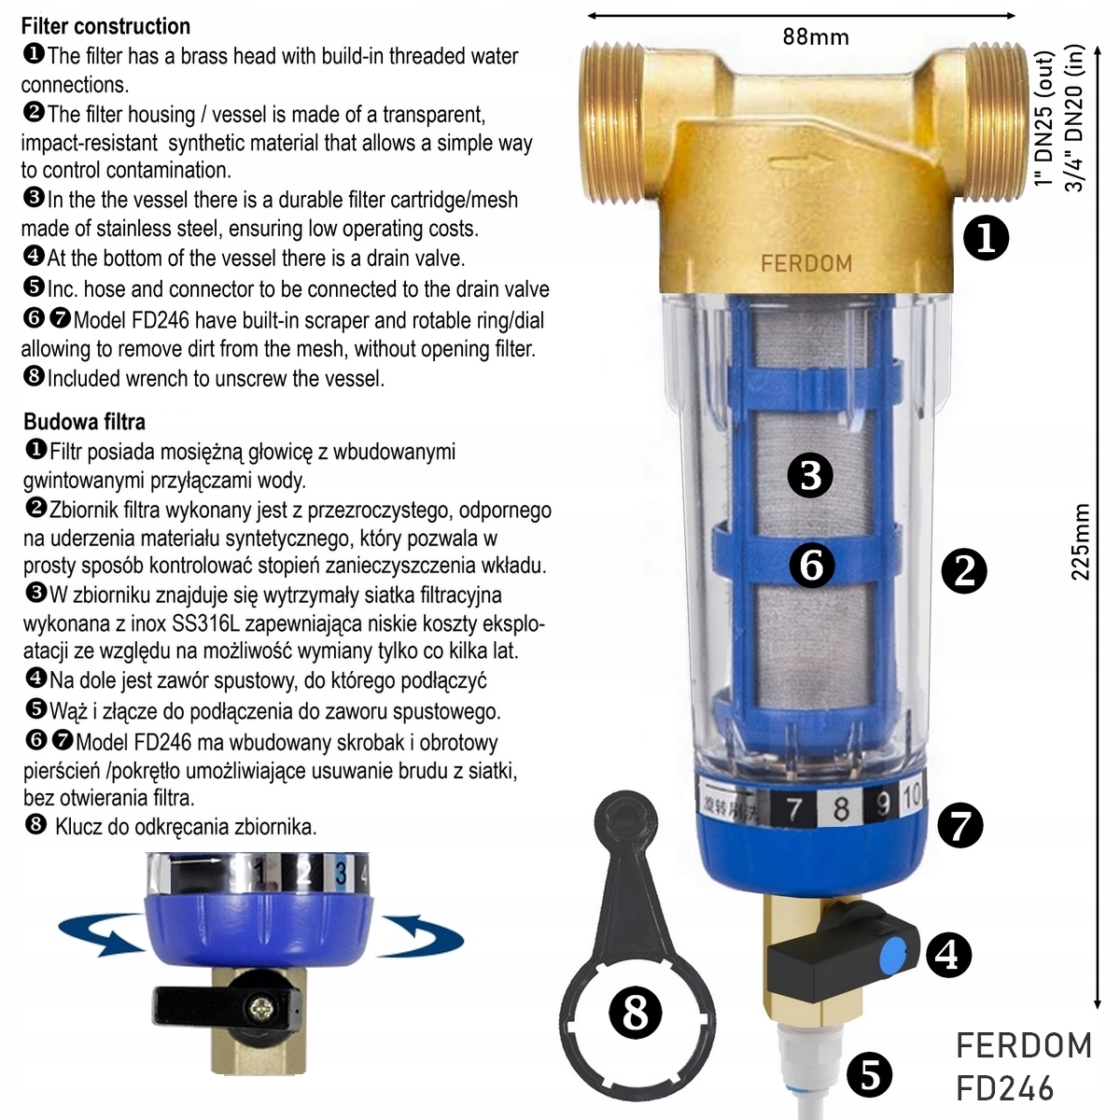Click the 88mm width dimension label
pyautogui.click(x=815, y=37)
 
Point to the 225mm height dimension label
pyautogui.click(x=1081, y=541)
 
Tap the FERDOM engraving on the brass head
pyautogui.click(x=806, y=263)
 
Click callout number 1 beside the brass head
pyautogui.click(x=986, y=240)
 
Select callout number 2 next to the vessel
pyautogui.click(x=964, y=570)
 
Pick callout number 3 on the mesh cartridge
pyautogui.click(x=809, y=474)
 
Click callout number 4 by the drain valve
pyautogui.click(x=947, y=955)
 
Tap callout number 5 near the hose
pyautogui.click(x=870, y=1075)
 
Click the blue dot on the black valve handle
pyautogui.click(x=891, y=954)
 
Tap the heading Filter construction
pyautogui.click(x=105, y=26)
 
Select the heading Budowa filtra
pyautogui.click(x=84, y=422)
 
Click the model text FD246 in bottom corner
pyautogui.click(x=1005, y=1088)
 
